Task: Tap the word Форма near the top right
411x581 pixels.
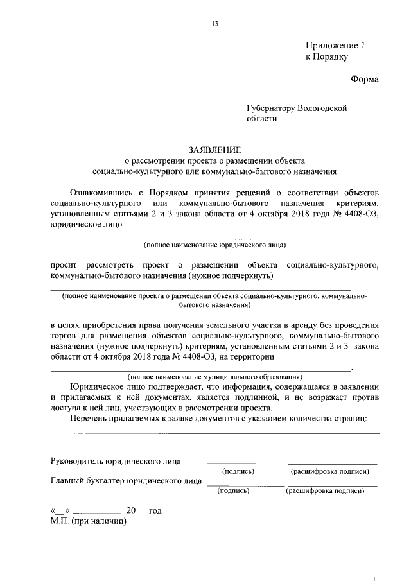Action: (365, 80)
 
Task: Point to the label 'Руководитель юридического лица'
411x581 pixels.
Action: (116, 460)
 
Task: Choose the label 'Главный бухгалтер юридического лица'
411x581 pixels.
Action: (125, 480)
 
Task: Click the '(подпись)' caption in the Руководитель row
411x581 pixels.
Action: (238, 472)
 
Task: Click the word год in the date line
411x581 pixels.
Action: (155, 511)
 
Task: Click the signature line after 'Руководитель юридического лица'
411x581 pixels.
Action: (244, 462)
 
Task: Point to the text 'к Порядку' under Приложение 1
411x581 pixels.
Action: (326, 57)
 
